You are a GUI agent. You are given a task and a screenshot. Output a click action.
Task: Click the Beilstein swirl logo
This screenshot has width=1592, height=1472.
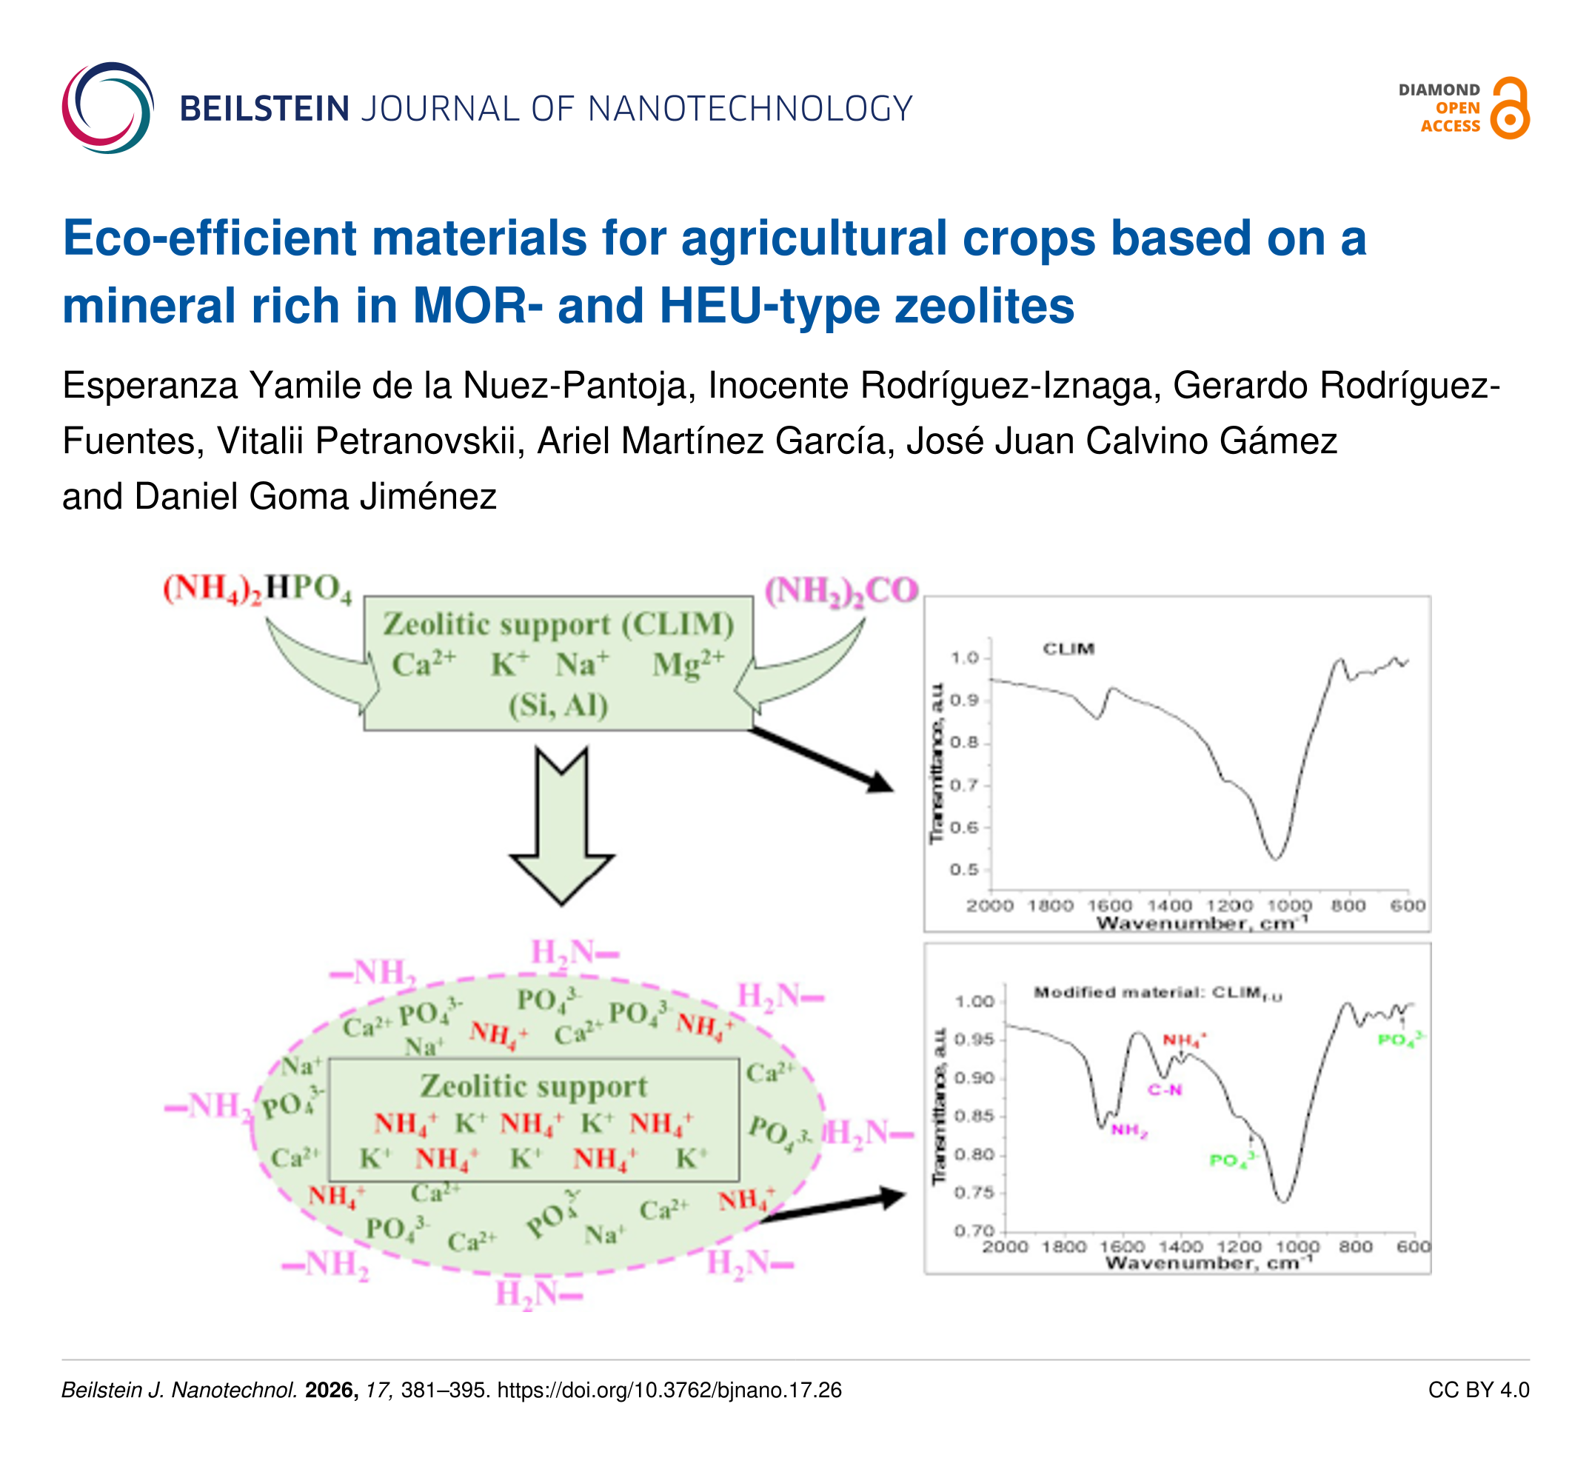[107, 107]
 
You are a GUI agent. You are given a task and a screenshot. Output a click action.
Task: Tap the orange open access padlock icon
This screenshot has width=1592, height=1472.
[1508, 108]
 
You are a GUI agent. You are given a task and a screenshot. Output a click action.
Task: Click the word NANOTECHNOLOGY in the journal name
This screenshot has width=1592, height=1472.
[749, 109]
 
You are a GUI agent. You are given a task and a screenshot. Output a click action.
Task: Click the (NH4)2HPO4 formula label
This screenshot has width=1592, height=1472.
[256, 589]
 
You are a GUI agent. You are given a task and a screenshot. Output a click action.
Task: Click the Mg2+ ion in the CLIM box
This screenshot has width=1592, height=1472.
[688, 663]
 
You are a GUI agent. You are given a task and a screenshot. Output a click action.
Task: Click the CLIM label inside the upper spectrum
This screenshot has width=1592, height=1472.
[1068, 649]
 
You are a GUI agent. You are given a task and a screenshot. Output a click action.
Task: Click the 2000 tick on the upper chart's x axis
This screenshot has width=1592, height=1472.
[989, 906]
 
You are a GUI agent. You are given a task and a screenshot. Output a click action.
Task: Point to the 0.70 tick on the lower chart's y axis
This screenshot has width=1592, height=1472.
[974, 1231]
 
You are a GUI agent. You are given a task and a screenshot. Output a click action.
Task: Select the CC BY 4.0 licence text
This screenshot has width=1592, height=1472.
[1478, 1390]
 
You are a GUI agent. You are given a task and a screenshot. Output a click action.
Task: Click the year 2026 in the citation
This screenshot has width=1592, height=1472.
[331, 1390]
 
